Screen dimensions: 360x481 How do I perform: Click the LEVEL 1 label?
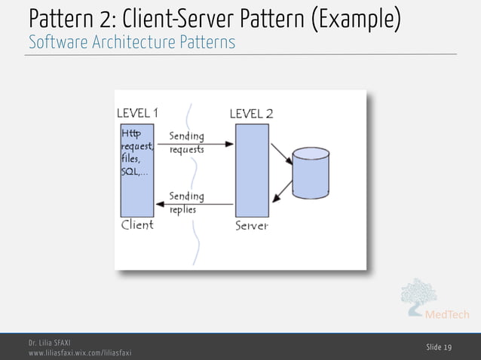pos(137,113)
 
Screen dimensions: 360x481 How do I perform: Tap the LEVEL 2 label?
pos(251,114)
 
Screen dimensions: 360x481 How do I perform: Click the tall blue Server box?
pos(252,170)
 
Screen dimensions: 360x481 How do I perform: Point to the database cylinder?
pos(311,173)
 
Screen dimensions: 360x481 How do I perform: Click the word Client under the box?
pos(137,224)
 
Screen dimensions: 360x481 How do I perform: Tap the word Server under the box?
pos(251,226)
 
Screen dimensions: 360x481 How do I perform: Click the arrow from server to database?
pos(281,154)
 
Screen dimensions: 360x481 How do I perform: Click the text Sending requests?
pos(186,142)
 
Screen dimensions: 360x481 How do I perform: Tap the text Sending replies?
pos(186,203)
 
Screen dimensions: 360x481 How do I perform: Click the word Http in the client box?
pos(130,134)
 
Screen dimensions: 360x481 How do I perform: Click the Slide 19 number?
pos(439,346)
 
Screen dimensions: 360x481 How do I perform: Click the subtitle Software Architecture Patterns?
pos(132,42)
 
